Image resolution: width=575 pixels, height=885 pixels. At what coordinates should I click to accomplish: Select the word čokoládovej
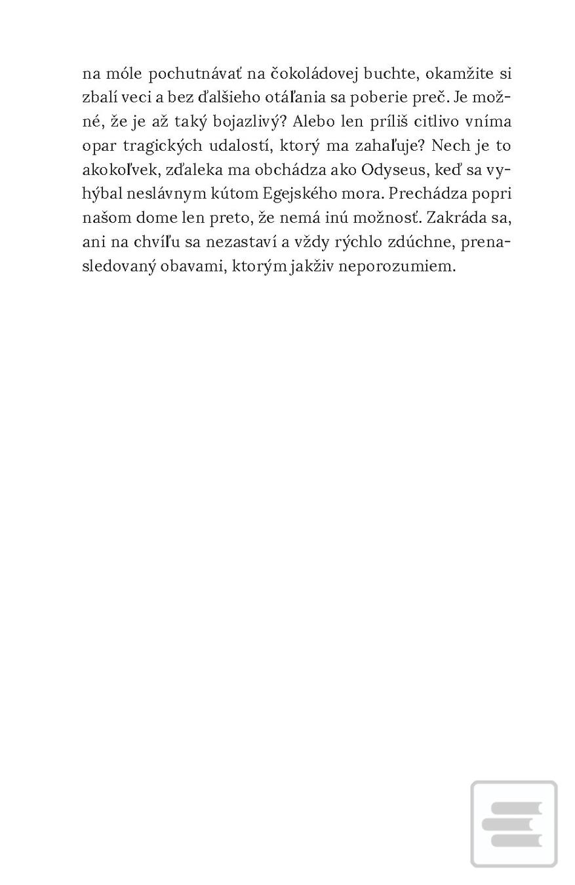click(x=308, y=73)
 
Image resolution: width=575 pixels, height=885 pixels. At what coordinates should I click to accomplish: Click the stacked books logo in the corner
click(x=513, y=823)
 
